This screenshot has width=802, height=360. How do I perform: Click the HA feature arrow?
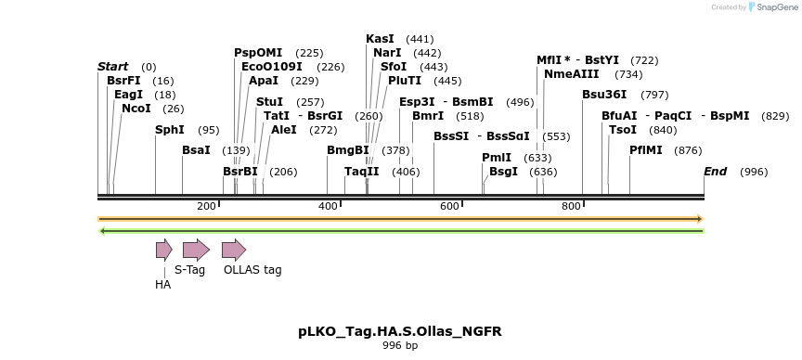(163, 250)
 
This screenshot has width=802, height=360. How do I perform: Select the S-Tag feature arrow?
(196, 250)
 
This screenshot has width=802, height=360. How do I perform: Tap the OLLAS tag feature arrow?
(234, 250)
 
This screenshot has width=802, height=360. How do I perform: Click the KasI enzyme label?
(380, 39)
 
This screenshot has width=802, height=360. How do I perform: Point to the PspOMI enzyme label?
(258, 53)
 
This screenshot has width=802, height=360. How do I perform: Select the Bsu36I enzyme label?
(604, 95)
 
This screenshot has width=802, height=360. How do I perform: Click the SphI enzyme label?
(170, 130)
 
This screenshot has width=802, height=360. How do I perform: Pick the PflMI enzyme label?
(646, 150)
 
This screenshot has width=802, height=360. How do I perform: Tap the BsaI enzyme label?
(196, 150)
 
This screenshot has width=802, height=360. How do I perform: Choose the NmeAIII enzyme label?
(572, 74)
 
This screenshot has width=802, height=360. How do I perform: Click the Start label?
(112, 67)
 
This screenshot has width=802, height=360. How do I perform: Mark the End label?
(715, 172)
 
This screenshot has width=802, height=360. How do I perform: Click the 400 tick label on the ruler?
(328, 206)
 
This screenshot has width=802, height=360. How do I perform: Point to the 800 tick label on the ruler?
(570, 206)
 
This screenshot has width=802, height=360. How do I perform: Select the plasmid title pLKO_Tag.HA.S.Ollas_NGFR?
(400, 331)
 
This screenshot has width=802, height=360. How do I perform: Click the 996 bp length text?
(400, 346)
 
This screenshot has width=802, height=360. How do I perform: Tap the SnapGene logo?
(775, 7)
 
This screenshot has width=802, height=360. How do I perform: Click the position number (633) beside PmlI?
(537, 158)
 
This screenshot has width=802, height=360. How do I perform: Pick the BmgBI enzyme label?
(348, 150)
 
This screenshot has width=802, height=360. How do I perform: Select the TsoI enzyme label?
(623, 130)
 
